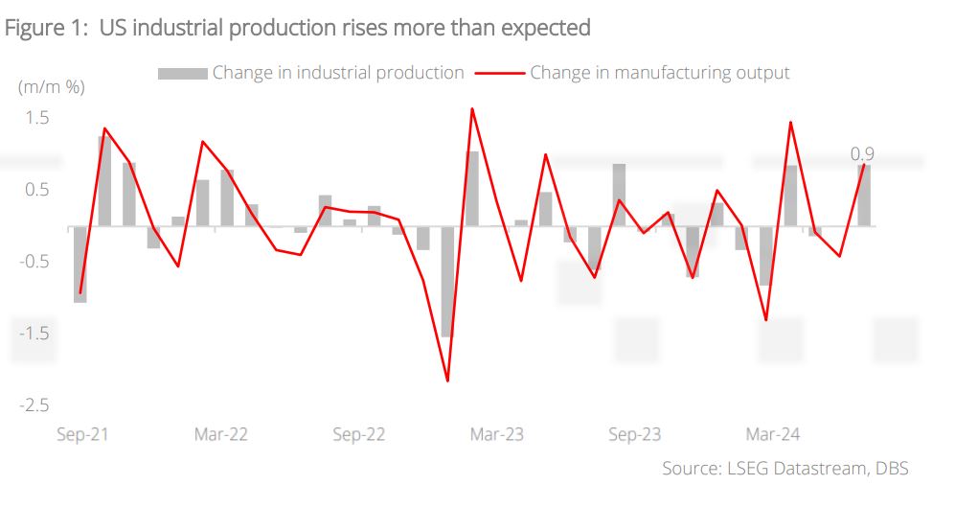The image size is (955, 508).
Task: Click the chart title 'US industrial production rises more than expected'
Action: (297, 28)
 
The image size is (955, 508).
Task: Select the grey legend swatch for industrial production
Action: (182, 73)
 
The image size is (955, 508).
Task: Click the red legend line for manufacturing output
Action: (500, 73)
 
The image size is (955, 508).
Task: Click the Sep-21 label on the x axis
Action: (82, 434)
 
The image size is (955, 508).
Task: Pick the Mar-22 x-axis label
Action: (221, 434)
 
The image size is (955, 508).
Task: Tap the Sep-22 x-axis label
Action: (359, 434)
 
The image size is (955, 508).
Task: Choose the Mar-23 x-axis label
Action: (497, 434)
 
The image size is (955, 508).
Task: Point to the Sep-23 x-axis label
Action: (635, 434)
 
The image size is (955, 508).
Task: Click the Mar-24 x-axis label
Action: (773, 434)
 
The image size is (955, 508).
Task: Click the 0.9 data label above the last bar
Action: (862, 153)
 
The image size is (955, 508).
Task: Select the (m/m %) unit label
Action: (52, 87)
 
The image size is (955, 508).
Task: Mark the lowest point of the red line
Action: (447, 381)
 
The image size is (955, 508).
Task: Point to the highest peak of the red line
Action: (472, 108)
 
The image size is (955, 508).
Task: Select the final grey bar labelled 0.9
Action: (864, 196)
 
